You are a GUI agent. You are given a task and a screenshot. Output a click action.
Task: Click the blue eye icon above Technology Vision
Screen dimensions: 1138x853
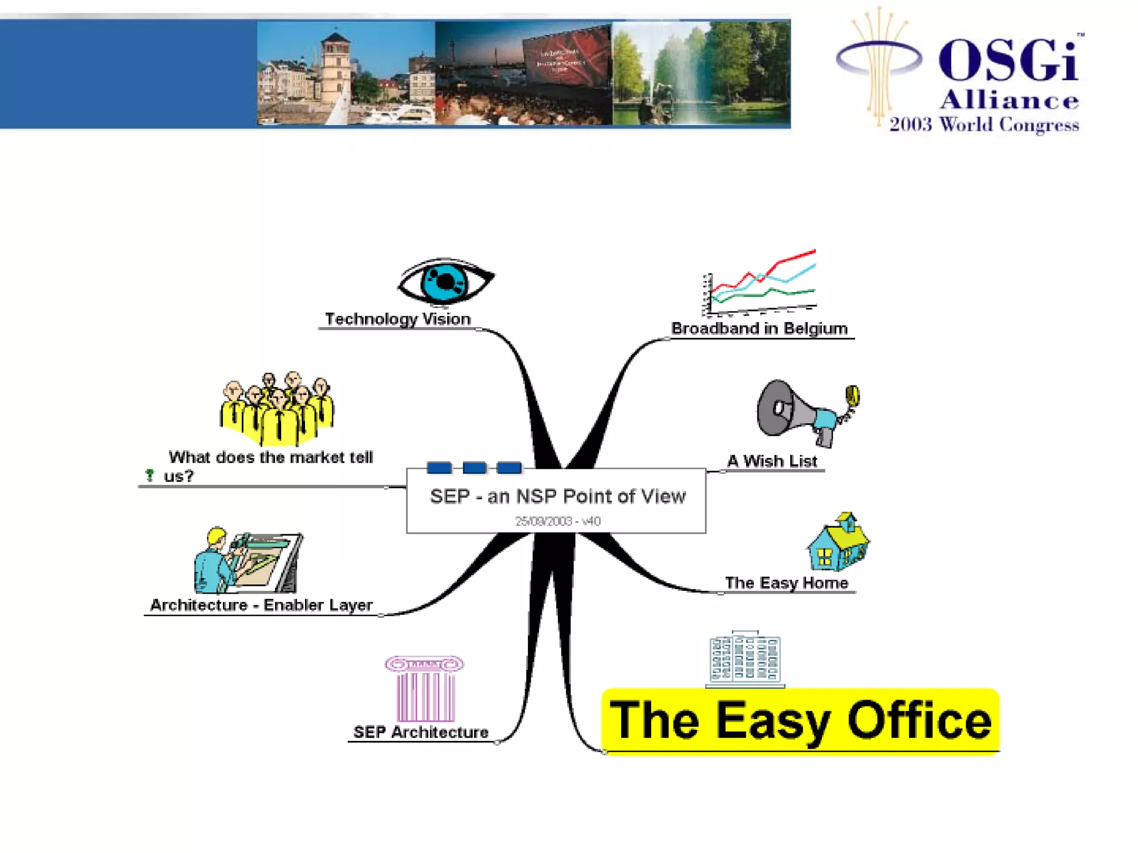tap(445, 282)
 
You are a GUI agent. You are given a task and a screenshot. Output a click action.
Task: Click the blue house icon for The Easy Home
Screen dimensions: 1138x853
tap(838, 543)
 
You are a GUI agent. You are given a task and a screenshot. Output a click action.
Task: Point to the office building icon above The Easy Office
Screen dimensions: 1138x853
tap(745, 659)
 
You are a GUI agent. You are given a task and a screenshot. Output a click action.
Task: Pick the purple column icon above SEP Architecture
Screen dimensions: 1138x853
tap(425, 689)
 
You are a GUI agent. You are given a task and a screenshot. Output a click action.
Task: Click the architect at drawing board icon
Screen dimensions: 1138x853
tap(248, 561)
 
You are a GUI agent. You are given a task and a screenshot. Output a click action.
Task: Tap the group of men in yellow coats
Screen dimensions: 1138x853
tap(277, 409)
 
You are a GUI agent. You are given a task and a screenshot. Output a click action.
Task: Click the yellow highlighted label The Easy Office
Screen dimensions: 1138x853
tap(800, 721)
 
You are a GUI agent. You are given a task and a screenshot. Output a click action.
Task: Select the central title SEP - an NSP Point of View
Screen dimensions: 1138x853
tap(557, 496)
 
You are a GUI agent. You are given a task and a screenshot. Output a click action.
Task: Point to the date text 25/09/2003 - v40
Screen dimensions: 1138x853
tap(557, 521)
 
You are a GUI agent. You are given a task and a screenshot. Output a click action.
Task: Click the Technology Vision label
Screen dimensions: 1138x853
tap(398, 319)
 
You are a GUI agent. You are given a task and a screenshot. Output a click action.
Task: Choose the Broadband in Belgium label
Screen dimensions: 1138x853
tap(759, 328)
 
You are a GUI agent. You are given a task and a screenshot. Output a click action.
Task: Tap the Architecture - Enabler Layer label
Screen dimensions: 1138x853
tap(261, 605)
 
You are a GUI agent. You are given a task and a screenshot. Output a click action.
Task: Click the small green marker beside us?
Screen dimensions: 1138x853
tap(149, 475)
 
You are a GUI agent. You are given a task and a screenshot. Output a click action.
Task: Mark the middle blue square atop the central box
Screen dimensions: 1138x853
tap(474, 468)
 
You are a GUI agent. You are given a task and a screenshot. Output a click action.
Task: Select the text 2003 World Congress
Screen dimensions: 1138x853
tap(984, 124)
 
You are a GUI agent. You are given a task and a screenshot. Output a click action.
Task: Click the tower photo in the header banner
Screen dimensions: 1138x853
tap(346, 73)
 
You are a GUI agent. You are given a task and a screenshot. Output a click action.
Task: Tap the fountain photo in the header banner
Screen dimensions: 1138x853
tap(701, 73)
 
